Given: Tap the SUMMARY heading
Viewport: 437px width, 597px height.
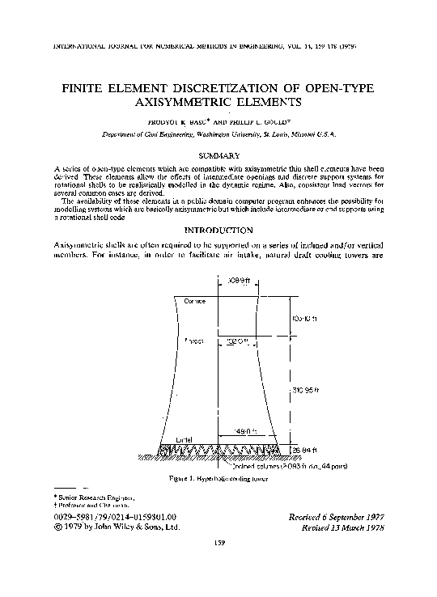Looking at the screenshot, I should click(219, 154).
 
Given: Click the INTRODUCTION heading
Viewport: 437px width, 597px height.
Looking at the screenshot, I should click(219, 230).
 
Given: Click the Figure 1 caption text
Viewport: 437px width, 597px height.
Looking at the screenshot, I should click(218, 479).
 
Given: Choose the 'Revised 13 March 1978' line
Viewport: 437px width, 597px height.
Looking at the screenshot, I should click(342, 527).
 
